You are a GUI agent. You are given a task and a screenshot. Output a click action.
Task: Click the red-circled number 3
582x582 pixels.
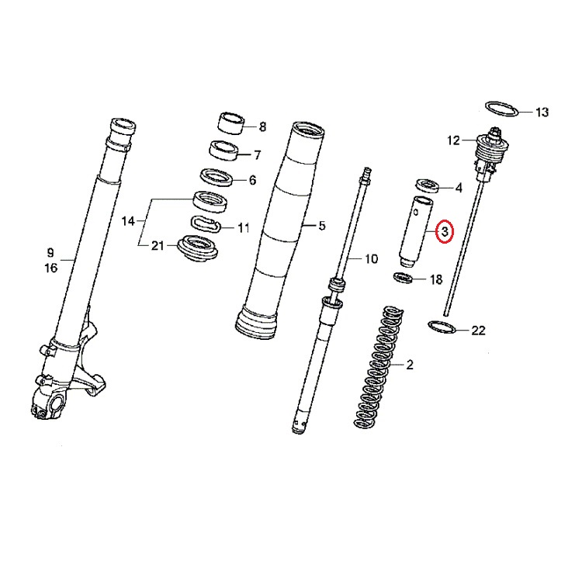(x=445, y=232)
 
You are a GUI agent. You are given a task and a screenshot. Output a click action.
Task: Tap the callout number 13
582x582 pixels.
(x=542, y=112)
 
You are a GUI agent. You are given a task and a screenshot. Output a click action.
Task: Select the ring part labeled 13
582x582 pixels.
(x=502, y=108)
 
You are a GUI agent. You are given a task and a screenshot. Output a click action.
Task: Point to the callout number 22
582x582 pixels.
(x=478, y=330)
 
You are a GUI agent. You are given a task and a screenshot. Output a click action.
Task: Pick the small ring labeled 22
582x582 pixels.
(x=442, y=327)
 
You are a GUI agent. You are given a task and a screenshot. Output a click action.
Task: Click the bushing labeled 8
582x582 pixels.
(x=230, y=123)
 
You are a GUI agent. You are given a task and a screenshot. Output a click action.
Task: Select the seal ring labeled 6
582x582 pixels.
(x=217, y=178)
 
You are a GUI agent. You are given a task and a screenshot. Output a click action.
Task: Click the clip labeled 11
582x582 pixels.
(x=206, y=224)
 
